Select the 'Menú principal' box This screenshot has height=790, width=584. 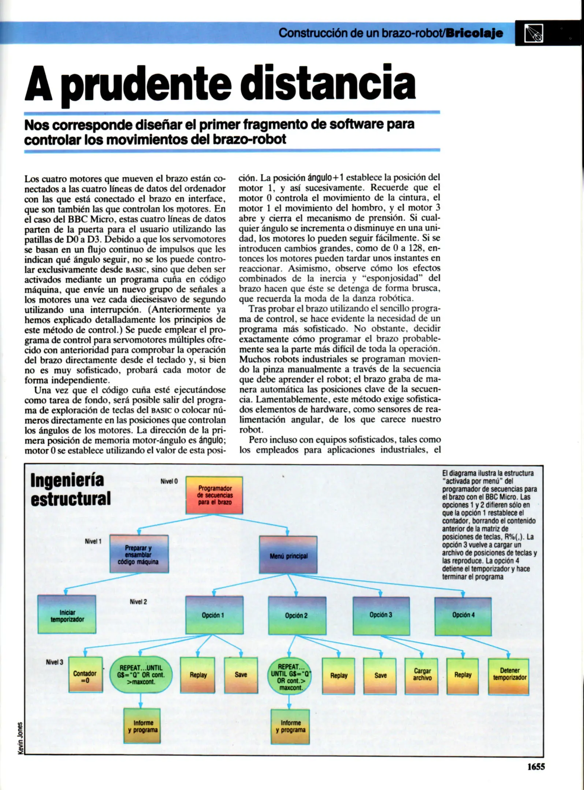(288, 554)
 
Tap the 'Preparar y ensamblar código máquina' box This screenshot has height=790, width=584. (139, 554)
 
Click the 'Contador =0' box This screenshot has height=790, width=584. (85, 675)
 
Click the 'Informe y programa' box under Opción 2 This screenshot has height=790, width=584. (290, 726)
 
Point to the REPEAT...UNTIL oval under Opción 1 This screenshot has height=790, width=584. (141, 675)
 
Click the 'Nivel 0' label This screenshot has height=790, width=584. (169, 481)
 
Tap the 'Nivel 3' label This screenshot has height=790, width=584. (55, 662)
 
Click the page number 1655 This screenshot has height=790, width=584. (536, 767)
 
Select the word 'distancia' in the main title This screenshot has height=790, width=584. (330, 83)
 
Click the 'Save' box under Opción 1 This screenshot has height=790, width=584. (241, 675)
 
